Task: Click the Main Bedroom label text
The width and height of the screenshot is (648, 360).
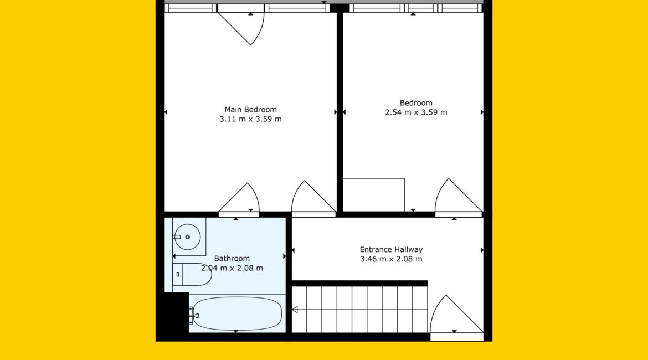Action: (x=250, y=110)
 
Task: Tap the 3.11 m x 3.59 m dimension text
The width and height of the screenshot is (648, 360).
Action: (x=250, y=119)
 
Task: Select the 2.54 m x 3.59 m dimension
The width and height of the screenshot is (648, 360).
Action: (x=416, y=112)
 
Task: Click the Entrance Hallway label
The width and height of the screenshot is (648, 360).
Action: (x=391, y=250)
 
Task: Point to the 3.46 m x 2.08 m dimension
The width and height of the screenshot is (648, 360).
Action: (x=391, y=259)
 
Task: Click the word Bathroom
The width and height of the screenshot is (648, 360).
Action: (x=232, y=259)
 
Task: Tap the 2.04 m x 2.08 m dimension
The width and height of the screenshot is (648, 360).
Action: (x=232, y=268)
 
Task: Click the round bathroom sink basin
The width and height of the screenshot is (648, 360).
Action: (x=187, y=237)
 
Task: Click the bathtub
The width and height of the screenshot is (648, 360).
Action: (x=237, y=313)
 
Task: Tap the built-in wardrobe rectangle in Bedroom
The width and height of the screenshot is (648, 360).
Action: (x=374, y=194)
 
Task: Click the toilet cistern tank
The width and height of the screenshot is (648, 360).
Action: (x=178, y=275)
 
